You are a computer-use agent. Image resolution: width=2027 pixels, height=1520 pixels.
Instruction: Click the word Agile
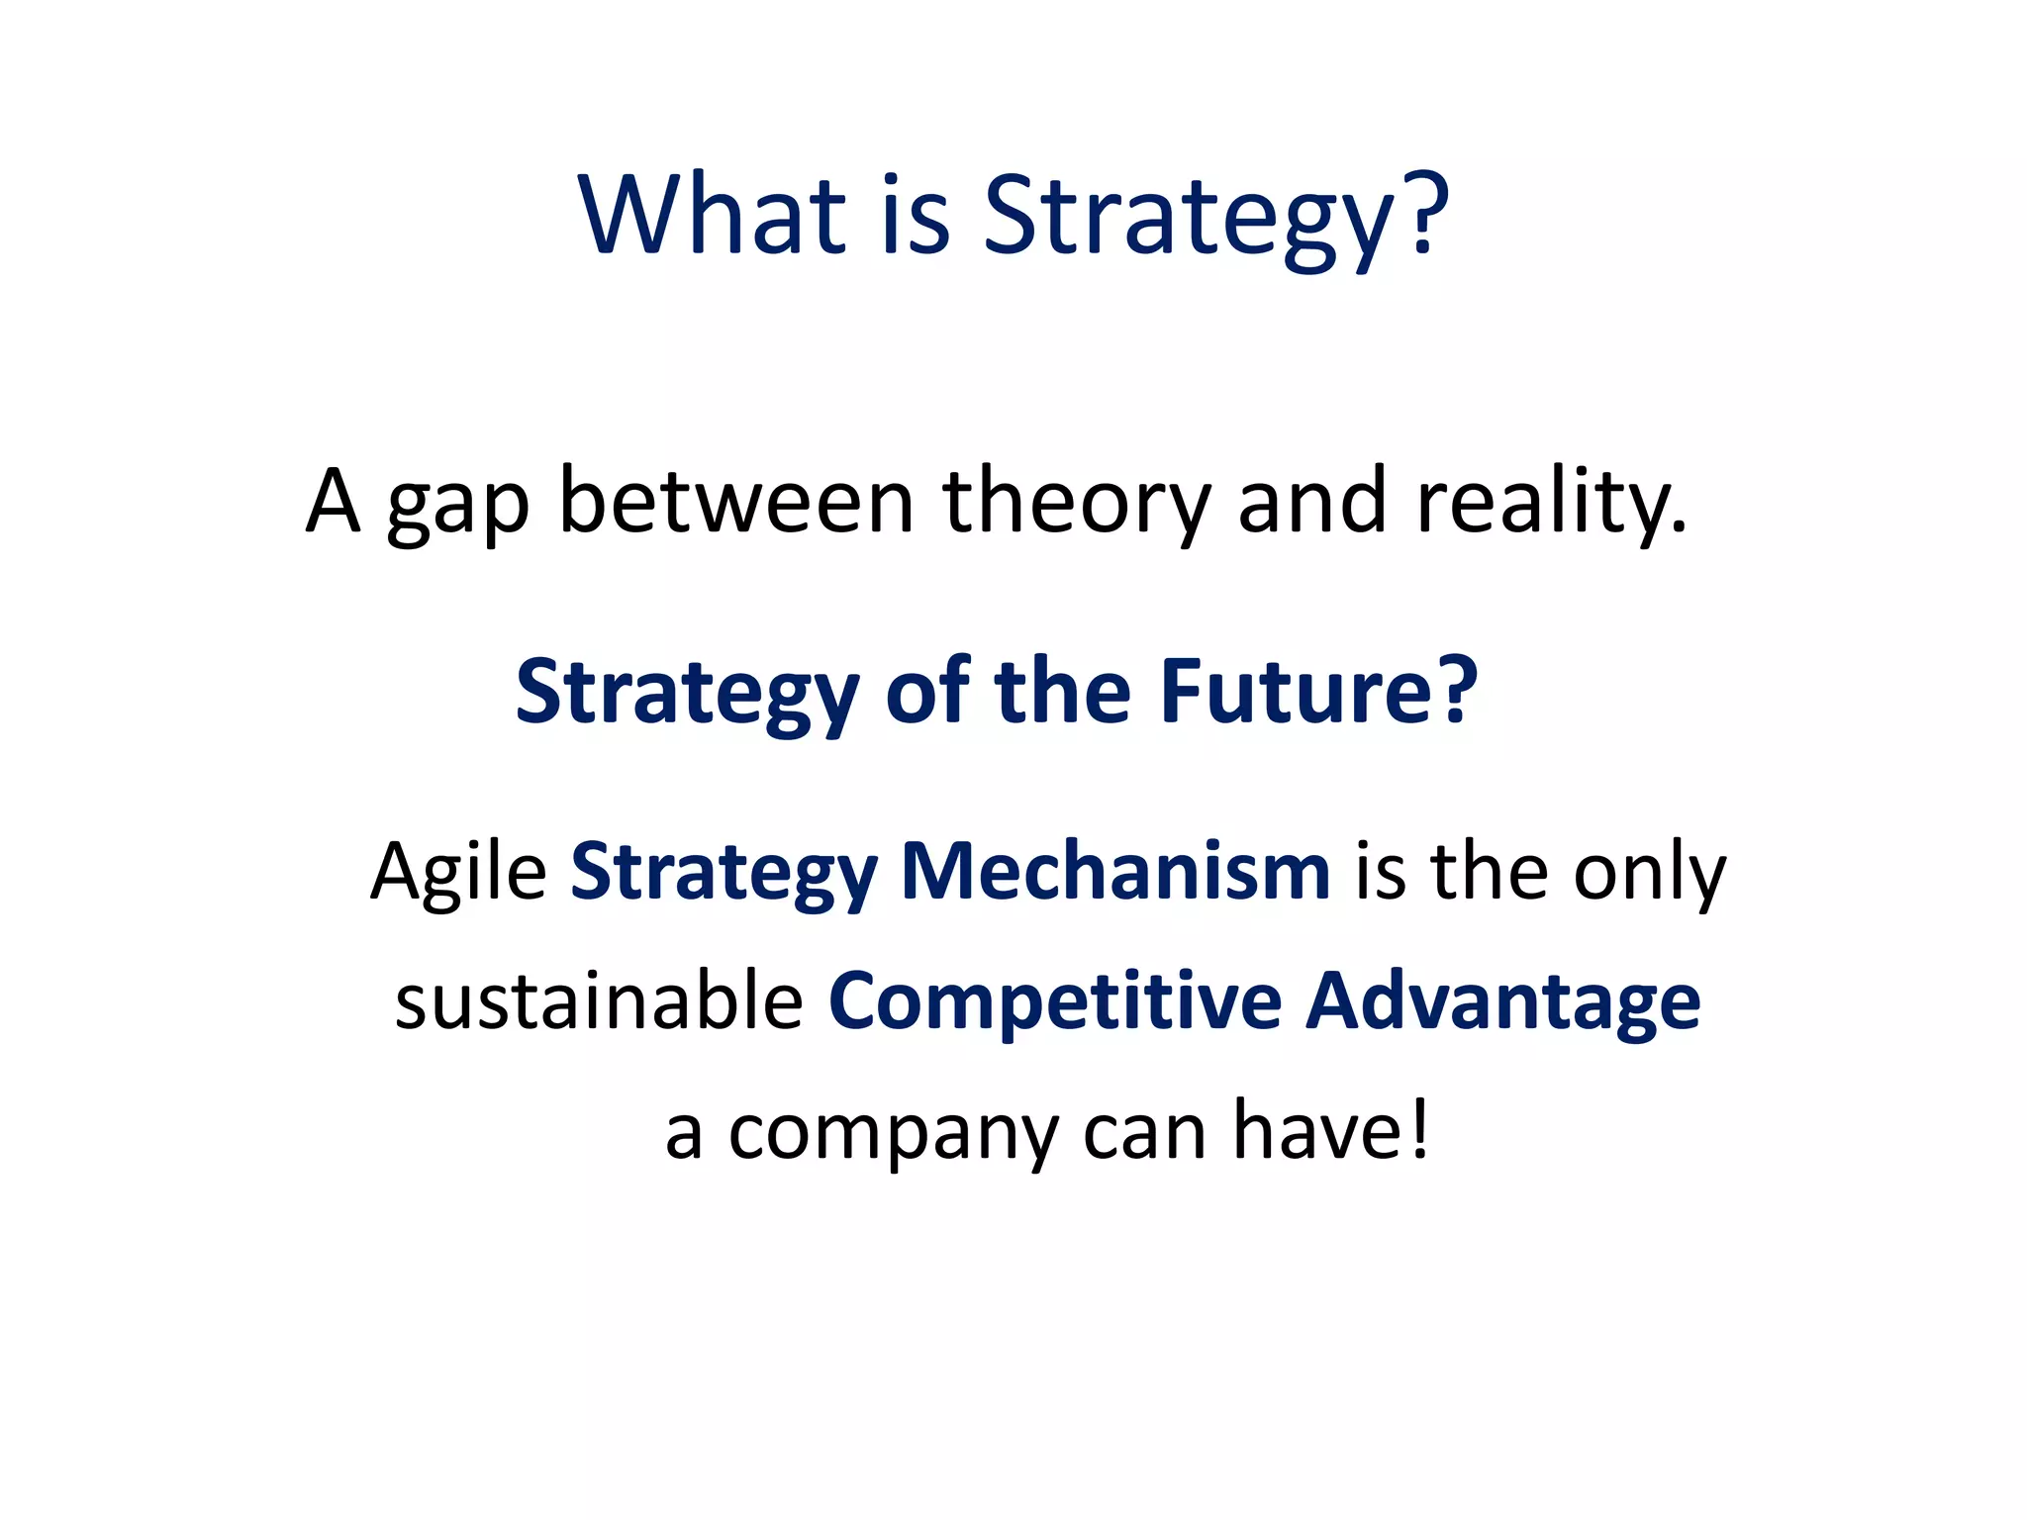point(458,873)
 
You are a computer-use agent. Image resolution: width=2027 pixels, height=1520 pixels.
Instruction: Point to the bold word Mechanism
point(1115,871)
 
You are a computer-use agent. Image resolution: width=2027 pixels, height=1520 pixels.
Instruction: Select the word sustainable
point(599,1000)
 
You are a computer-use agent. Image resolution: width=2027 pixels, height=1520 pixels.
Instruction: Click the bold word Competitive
point(1055,1002)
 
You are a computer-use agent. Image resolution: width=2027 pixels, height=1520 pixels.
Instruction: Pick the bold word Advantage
point(1503,1002)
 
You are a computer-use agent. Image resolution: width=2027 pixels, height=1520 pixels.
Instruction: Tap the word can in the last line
point(1144,1132)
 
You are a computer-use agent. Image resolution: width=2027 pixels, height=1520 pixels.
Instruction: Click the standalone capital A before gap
point(333,501)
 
